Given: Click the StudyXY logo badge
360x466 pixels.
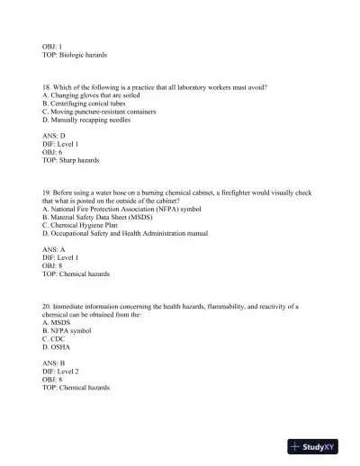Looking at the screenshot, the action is point(319,446).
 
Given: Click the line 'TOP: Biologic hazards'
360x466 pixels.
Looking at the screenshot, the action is point(75,55).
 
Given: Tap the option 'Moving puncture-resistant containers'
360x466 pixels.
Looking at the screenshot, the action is point(98,112).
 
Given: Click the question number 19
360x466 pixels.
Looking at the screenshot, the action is point(47,193).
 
